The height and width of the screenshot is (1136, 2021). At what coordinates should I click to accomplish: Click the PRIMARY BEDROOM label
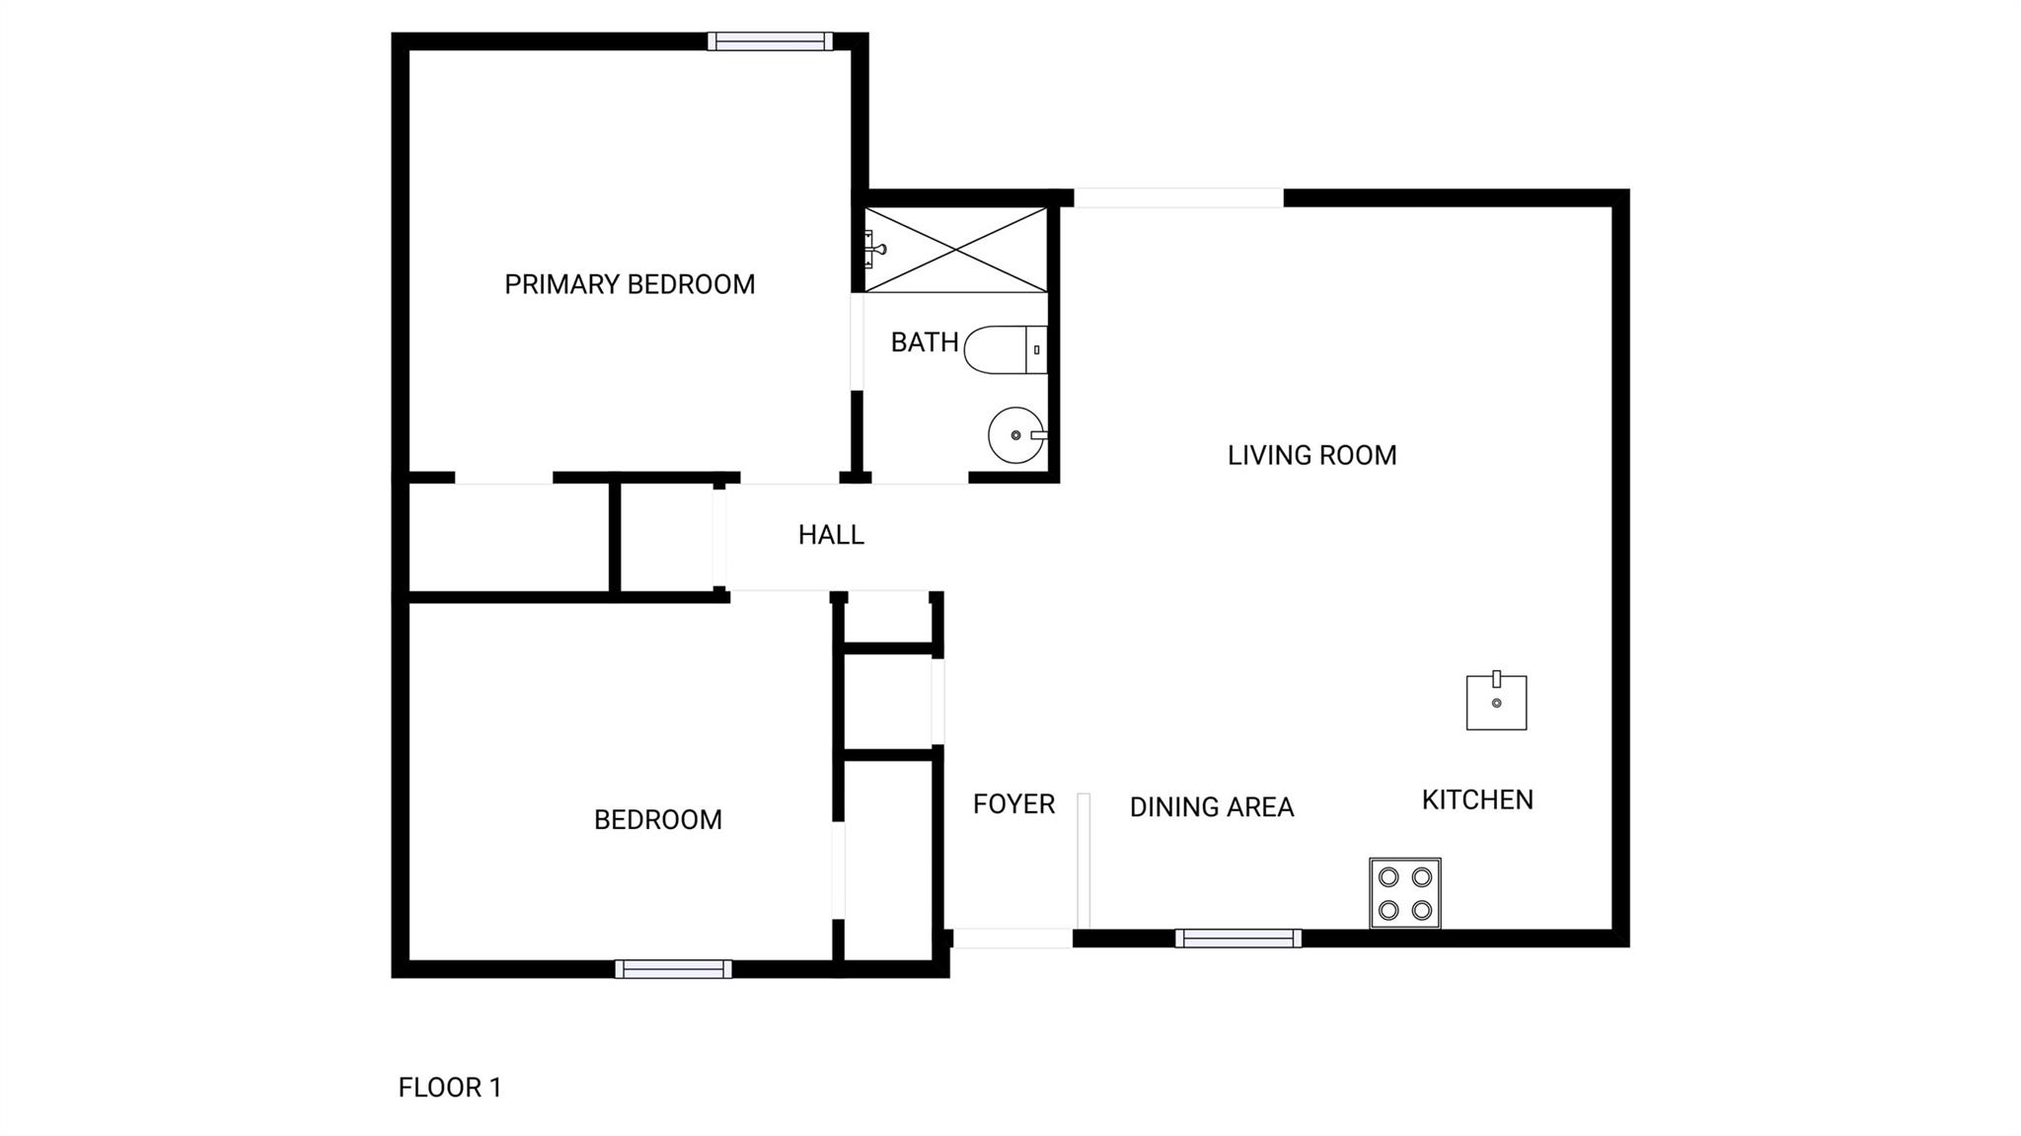[630, 285]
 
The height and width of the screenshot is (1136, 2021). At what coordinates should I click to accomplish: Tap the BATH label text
[925, 342]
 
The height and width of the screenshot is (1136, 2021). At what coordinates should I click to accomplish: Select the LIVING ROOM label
[1311, 456]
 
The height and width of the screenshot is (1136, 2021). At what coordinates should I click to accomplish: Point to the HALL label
[831, 535]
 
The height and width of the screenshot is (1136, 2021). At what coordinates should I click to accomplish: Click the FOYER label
[1013, 804]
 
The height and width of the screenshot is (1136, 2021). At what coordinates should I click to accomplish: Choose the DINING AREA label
[1211, 807]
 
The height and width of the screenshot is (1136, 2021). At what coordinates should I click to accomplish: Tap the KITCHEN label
[1477, 800]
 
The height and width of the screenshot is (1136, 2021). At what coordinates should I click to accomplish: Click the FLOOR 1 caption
[450, 1088]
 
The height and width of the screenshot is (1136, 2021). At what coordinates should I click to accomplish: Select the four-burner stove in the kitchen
[1405, 893]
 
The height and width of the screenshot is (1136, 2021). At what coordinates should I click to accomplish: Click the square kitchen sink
[1496, 701]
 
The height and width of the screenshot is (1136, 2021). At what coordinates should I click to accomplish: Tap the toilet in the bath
[1006, 349]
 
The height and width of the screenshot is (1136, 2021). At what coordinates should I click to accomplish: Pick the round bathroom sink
[1016, 435]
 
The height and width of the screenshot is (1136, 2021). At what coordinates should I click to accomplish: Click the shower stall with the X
[955, 250]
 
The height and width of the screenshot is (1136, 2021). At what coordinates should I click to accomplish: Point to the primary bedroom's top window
[770, 41]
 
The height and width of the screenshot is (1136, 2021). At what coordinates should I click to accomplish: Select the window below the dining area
[1237, 939]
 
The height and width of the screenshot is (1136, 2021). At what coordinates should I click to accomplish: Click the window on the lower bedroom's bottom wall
[673, 969]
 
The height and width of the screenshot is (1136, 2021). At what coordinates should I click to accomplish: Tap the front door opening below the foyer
[1012, 939]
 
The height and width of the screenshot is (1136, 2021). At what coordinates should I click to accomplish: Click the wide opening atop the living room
[1178, 198]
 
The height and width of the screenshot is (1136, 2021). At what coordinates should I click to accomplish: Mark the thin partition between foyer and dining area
[1083, 861]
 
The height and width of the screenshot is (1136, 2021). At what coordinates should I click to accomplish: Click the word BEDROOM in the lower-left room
[658, 820]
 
